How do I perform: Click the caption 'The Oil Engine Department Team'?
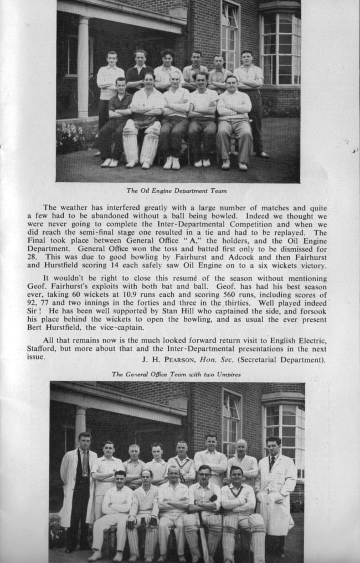[176, 191]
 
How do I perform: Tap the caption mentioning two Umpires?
[176, 374]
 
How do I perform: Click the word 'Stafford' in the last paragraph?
[42, 349]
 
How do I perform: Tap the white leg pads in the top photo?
[140, 143]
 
